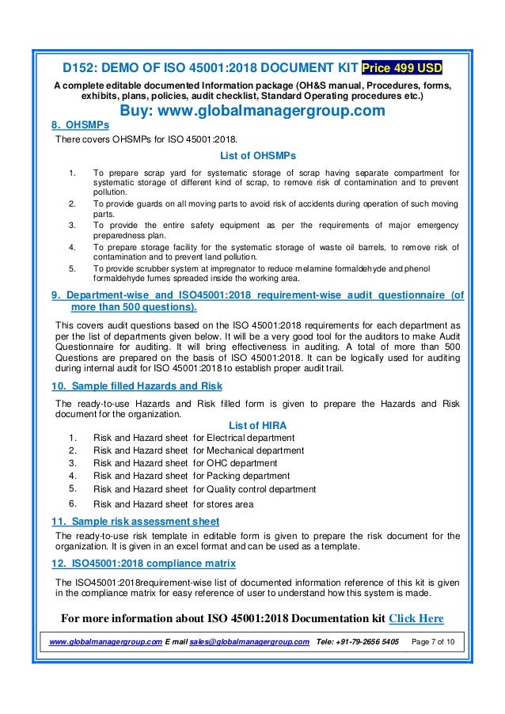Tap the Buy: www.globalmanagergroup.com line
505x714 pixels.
pos(252,111)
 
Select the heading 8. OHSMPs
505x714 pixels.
pos(79,125)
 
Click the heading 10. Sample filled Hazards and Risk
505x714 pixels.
pos(136,386)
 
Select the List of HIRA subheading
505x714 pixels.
pos(256,425)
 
